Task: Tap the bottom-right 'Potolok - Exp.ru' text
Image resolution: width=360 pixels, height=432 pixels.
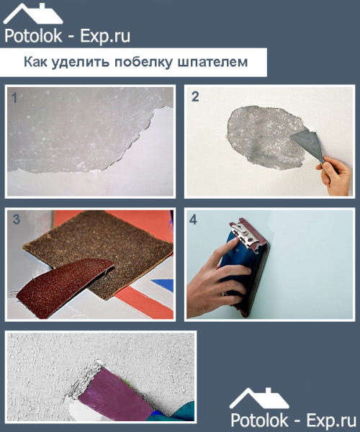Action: click(x=293, y=419)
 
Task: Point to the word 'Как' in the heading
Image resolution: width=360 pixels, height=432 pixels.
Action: click(x=35, y=62)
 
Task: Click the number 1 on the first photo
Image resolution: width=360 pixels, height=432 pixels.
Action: click(x=14, y=97)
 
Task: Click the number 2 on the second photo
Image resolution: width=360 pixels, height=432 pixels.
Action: click(x=195, y=97)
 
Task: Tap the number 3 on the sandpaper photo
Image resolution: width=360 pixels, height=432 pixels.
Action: click(x=16, y=220)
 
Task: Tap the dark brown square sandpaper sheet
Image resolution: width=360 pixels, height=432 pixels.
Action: click(x=108, y=248)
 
